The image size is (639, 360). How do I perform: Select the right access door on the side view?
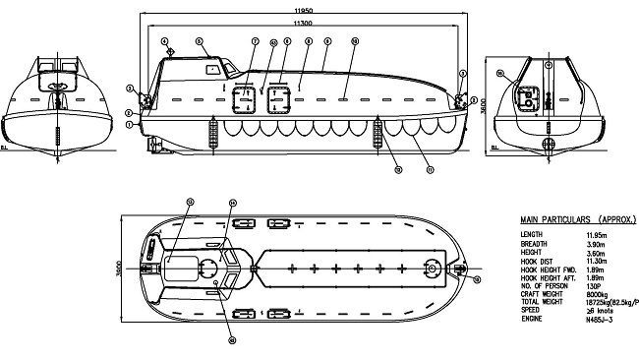click(x=279, y=98)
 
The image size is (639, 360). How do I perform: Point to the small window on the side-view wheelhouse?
click(x=212, y=70)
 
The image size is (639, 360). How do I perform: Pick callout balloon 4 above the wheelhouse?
click(x=170, y=49)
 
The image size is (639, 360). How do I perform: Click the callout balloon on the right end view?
click(x=499, y=74)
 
